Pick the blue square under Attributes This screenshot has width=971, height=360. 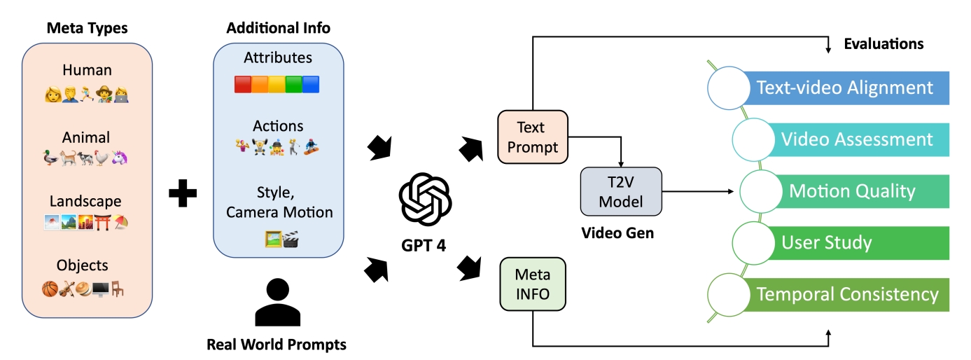pos(311,85)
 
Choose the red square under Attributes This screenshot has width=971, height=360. pos(242,85)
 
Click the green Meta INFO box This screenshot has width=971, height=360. pos(533,284)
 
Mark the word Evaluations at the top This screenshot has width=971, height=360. pos(883,44)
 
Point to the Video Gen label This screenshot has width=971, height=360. pos(617,233)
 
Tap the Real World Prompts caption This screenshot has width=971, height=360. pos(277,345)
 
